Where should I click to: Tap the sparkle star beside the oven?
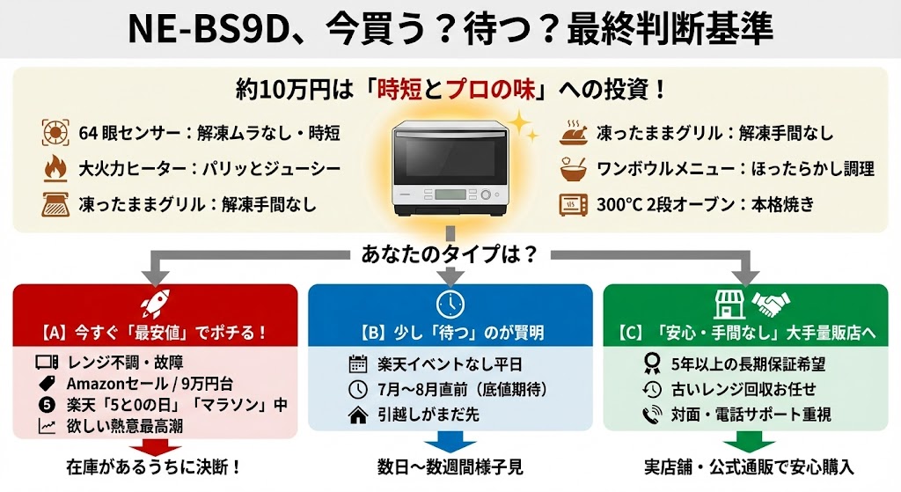tap(523, 127)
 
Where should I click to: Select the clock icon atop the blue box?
tap(450, 304)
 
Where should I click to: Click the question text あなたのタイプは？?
tap(450, 255)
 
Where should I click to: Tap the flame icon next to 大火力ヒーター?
tap(55, 168)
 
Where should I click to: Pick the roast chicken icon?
tap(573, 134)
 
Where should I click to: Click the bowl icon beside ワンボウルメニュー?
tap(573, 169)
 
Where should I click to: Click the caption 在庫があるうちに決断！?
tap(154, 468)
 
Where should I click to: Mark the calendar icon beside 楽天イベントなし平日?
tap(358, 363)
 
